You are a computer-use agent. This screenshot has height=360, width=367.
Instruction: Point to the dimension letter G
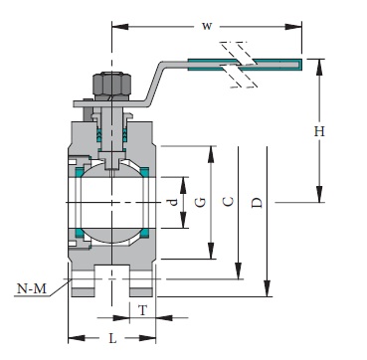click(x=201, y=202)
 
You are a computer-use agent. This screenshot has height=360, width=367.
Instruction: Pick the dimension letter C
click(x=228, y=202)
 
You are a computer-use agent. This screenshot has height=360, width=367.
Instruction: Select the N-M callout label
click(x=34, y=289)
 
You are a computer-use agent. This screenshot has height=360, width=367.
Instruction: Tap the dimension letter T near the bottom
click(x=143, y=310)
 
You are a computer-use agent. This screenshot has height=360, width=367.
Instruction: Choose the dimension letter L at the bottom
click(x=112, y=339)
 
